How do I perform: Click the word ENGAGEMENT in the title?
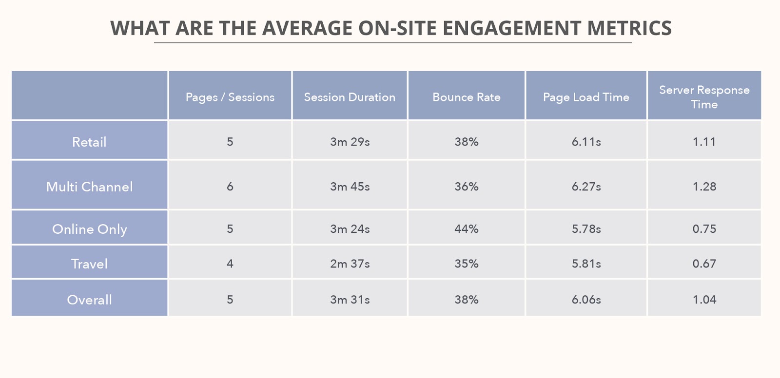coord(511,28)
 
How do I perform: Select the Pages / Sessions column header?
coord(230,97)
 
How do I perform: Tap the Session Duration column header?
coord(350,97)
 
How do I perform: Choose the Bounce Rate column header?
coord(467,97)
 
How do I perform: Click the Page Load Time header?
coord(586,97)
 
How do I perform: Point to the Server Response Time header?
coord(704,97)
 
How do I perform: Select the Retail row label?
coord(89,142)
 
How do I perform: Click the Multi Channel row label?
coord(89,187)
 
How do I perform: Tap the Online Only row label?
coord(89,229)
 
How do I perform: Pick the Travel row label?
coord(89,264)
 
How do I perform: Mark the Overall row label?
coord(89,300)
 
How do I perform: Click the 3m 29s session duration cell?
coord(350,142)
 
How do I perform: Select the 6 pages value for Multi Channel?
coord(230,187)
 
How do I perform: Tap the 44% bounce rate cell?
coord(467,229)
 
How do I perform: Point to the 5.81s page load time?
coord(586,264)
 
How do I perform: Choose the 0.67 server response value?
coord(704,264)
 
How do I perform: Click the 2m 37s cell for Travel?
coord(350,264)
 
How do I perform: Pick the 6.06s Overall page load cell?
coord(586,300)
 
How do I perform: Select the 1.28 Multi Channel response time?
coord(704,187)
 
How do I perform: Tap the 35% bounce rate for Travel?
coord(467,264)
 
